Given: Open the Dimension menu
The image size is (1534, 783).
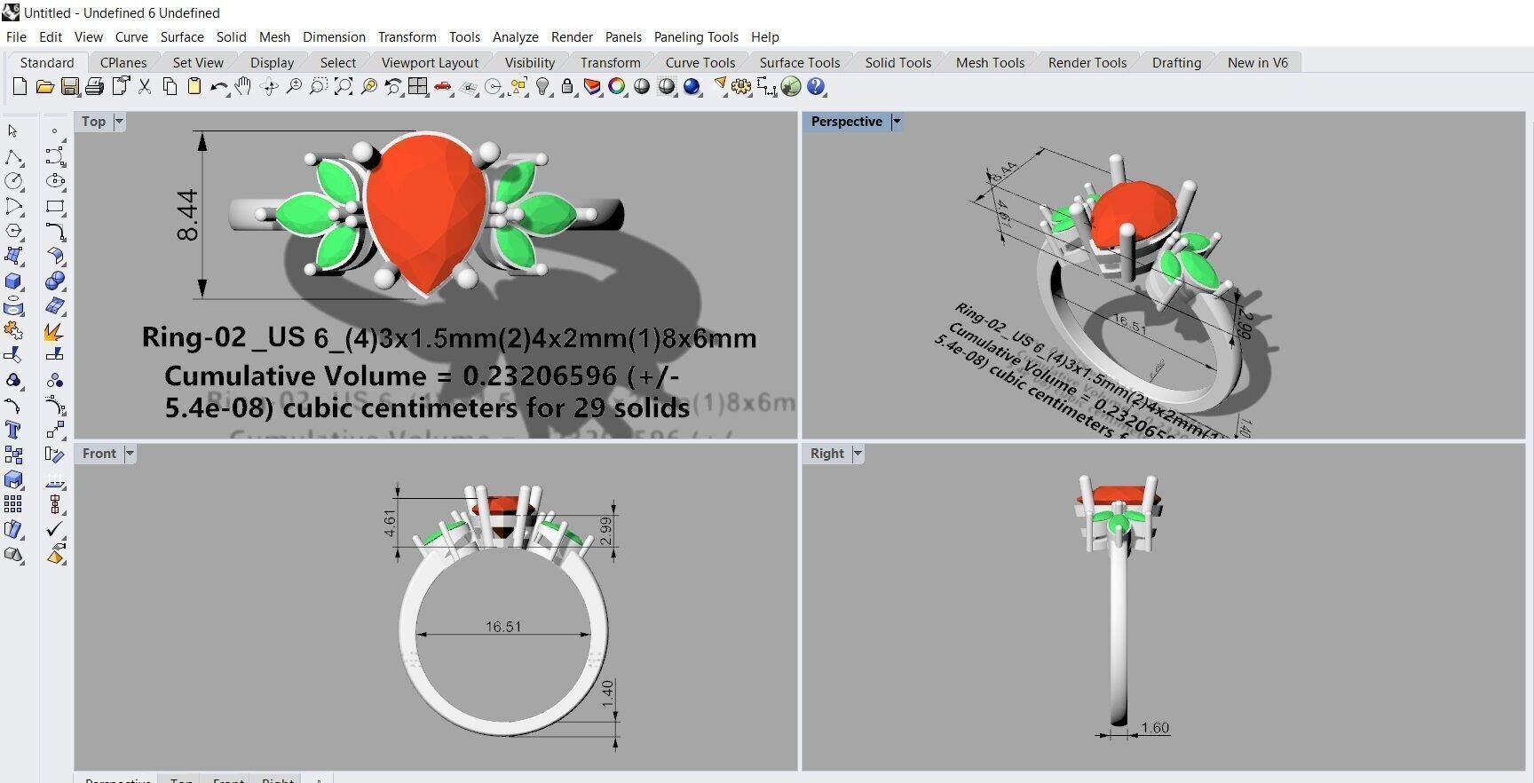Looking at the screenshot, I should (x=334, y=36).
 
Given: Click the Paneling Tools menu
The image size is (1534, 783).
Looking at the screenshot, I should (x=696, y=36).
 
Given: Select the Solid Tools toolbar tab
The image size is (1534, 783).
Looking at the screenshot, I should (x=897, y=62).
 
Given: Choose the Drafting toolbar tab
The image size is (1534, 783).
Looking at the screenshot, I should (x=1176, y=62).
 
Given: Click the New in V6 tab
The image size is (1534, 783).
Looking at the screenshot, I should (x=1257, y=62).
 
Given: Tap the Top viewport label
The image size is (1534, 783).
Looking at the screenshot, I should (x=93, y=122).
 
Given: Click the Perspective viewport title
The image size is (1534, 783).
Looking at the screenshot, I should (x=846, y=122).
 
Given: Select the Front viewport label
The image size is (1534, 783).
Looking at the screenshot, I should (x=99, y=454).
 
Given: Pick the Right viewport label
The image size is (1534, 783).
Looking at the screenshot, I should (x=826, y=454).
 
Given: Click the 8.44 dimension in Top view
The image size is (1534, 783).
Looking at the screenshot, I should (x=188, y=216).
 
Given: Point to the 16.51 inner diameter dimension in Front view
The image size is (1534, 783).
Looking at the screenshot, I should (x=503, y=627).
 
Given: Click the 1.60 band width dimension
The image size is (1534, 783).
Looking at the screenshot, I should (x=1155, y=728).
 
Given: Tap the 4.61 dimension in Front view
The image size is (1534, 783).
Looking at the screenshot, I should (x=390, y=523).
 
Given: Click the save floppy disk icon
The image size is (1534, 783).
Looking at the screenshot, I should (x=70, y=87).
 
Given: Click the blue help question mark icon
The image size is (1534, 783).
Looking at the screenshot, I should (x=816, y=87).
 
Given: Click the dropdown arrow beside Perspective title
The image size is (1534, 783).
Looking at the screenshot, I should (x=897, y=122).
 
